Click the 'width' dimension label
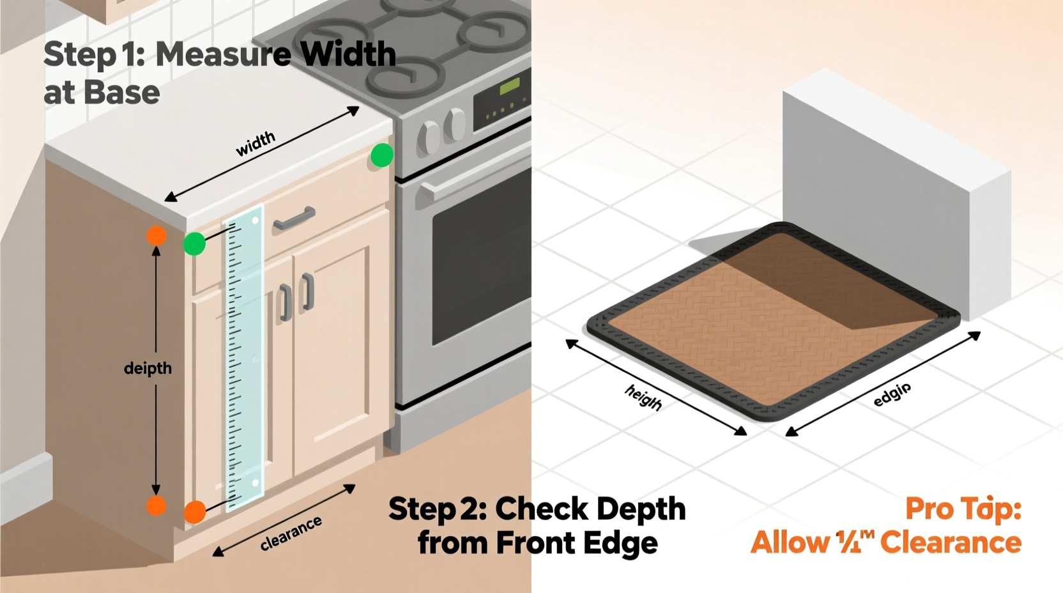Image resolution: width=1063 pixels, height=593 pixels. [256, 144]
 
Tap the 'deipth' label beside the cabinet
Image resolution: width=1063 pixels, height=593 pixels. [148, 369]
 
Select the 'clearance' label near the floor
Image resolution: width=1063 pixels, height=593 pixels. [291, 534]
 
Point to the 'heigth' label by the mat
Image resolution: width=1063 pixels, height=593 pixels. [643, 397]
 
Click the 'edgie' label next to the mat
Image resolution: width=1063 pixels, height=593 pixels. [892, 394]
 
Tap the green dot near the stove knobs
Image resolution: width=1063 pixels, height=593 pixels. [382, 155]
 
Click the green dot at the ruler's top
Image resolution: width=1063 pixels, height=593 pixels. [194, 243]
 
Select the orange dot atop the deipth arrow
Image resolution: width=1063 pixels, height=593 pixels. [157, 236]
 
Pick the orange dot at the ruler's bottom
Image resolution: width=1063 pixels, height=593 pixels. [195, 512]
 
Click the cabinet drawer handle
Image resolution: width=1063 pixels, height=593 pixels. [294, 219]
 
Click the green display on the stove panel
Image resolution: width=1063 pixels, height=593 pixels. [509, 86]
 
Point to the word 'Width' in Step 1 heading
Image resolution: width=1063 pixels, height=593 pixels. [348, 54]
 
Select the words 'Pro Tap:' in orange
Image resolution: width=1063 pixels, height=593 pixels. [963, 509]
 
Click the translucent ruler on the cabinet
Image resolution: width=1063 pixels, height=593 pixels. [245, 358]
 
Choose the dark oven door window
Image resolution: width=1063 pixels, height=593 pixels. [482, 268]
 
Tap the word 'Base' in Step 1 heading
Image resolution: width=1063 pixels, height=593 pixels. [121, 93]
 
